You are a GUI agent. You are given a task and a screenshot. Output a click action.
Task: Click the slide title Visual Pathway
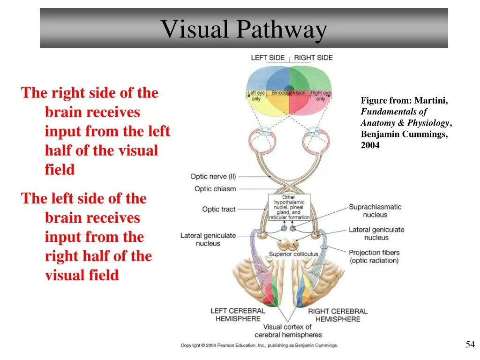point(244,30)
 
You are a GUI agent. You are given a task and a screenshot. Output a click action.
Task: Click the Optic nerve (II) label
point(213,177)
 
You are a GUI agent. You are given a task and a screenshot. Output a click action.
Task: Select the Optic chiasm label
point(215,189)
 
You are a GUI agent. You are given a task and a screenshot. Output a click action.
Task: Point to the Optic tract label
point(218,209)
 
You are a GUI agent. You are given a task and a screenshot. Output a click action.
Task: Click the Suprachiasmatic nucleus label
point(375,211)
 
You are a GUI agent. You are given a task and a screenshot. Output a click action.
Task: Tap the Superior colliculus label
point(293,254)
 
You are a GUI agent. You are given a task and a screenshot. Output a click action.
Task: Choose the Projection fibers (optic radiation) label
point(374,256)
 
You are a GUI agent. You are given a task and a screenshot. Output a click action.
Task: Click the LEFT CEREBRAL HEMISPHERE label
point(238,315)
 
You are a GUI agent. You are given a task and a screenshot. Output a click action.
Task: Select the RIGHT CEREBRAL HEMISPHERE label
point(337,315)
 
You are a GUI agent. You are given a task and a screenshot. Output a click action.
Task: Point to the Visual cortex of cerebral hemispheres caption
point(288,331)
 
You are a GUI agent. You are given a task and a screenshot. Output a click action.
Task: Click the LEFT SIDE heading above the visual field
point(268,58)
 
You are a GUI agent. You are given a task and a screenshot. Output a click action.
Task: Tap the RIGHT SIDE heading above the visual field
point(313,58)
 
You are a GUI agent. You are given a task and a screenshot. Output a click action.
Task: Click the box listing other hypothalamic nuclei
point(289,207)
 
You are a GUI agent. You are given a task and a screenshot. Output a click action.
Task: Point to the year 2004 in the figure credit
point(370,145)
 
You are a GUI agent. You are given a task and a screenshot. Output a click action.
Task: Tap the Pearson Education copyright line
point(259,345)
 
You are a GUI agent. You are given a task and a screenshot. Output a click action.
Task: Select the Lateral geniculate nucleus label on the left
point(208,240)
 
